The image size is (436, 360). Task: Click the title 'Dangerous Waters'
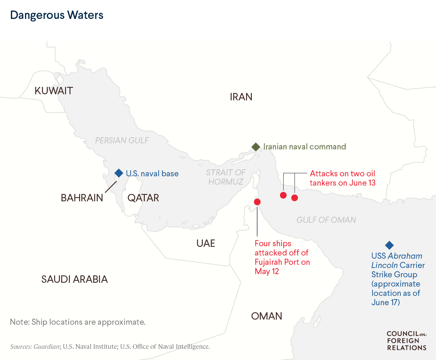tap(57, 15)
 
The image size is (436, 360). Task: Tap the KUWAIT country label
tap(54, 91)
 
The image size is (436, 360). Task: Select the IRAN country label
tap(241, 97)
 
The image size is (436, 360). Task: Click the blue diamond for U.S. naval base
tap(119, 173)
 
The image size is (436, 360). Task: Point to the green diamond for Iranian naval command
tap(256, 147)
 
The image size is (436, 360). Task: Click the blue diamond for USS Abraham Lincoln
tap(389, 245)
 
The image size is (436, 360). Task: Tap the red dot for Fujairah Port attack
tap(257, 202)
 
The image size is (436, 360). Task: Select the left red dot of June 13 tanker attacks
tap(283, 195)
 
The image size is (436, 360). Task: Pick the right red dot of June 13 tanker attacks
tap(295, 198)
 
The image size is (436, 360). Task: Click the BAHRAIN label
tap(82, 198)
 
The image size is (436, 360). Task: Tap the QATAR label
tap(143, 198)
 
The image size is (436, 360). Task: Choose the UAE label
tap(206, 243)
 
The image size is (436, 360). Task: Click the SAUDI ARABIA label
tap(74, 279)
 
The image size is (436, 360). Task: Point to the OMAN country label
tap(267, 316)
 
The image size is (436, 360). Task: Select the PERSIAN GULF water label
tap(122, 140)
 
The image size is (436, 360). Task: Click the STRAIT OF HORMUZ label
tap(226, 177)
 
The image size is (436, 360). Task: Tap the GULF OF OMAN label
tap(326, 220)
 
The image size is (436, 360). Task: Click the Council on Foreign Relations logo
tap(407, 341)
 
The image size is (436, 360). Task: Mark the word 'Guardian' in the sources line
tap(46, 347)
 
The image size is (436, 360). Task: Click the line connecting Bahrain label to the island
tap(111, 187)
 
